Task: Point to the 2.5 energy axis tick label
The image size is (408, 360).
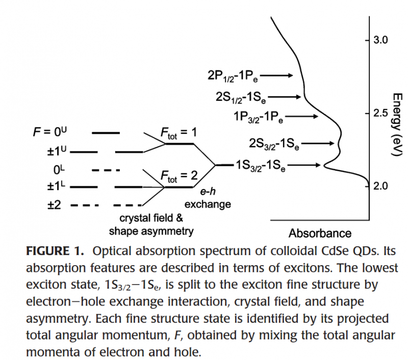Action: [x=381, y=112]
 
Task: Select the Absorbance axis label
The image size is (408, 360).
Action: [x=320, y=234]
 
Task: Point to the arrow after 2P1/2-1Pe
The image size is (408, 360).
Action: [x=277, y=76]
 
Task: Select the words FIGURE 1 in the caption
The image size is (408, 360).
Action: [x=55, y=252]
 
